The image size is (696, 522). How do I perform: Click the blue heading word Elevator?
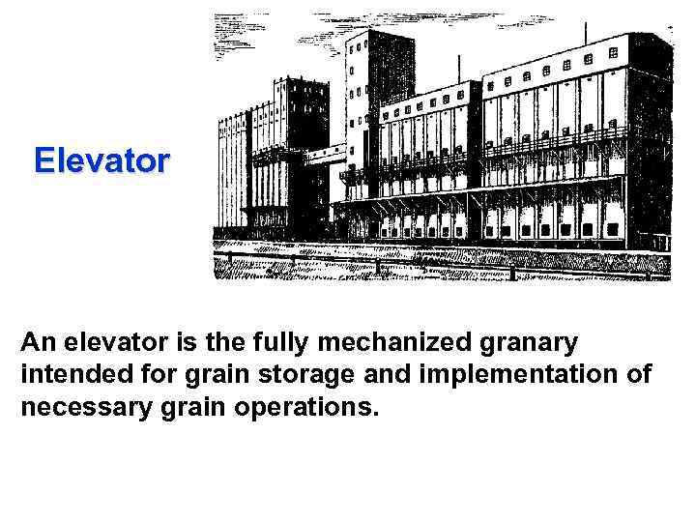tap(101, 159)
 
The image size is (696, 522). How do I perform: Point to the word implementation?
tap(514, 374)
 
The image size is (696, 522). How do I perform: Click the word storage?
tap(306, 374)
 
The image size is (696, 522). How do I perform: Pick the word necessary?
tap(80, 406)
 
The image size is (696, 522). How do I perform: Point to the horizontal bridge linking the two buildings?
tap(330, 153)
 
